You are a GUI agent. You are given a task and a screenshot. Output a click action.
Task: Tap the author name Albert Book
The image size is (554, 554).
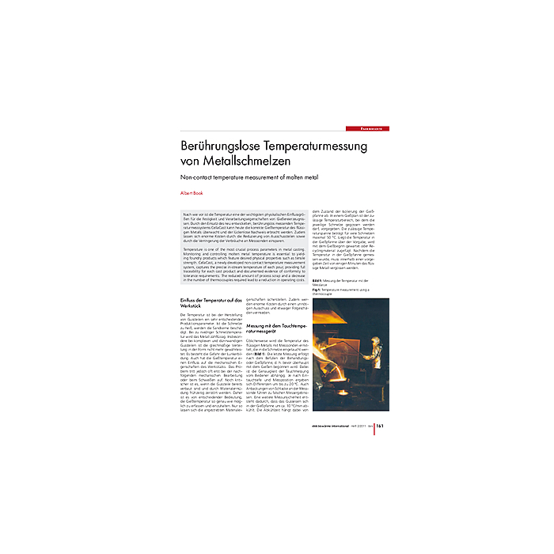pyautogui.click(x=193, y=192)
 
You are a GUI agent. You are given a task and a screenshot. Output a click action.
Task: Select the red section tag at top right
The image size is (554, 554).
pyautogui.click(x=367, y=127)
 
